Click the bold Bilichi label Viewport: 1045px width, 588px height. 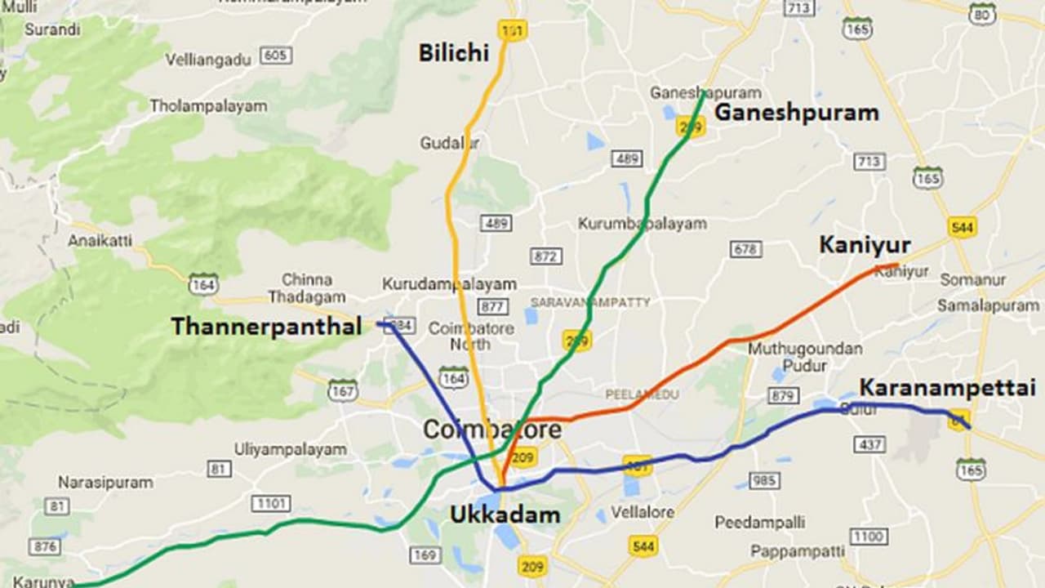click(453, 53)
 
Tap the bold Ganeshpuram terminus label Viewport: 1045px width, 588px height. click(796, 113)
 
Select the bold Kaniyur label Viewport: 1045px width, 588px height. click(865, 245)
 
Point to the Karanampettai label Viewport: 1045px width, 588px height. click(947, 388)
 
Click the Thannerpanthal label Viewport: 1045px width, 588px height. click(266, 327)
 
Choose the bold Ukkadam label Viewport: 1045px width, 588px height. click(505, 514)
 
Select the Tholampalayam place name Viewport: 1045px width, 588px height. click(208, 106)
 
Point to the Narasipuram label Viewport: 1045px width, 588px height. click(104, 483)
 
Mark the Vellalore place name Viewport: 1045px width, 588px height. click(643, 512)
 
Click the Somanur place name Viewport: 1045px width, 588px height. click(972, 280)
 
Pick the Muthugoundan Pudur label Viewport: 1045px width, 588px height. click(805, 357)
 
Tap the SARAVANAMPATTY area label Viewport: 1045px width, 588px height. click(590, 302)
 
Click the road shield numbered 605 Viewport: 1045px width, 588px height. click(276, 56)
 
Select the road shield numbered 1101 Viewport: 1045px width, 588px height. click(270, 503)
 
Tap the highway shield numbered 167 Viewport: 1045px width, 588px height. click(343, 390)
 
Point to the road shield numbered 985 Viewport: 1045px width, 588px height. click(763, 480)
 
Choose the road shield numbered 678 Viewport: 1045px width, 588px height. click(745, 249)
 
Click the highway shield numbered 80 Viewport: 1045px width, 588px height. click(983, 13)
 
